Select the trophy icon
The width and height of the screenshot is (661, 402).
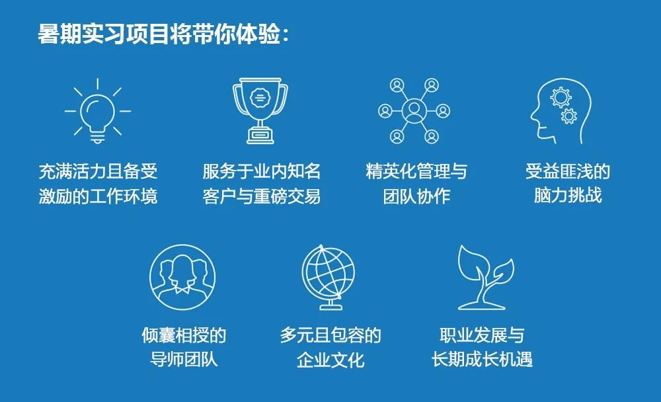(260, 110)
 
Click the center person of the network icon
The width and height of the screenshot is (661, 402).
(414, 110)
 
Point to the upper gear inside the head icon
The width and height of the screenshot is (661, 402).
(561, 97)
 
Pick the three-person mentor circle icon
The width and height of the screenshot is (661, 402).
(182, 277)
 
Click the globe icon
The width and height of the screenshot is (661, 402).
(328, 277)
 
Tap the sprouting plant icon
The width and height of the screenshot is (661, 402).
(486, 277)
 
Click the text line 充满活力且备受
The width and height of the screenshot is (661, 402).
(98, 171)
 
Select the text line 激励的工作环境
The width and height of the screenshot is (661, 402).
(98, 196)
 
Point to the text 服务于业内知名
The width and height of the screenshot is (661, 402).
(261, 171)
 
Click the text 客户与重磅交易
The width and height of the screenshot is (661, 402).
(261, 196)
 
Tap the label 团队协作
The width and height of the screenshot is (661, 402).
(416, 196)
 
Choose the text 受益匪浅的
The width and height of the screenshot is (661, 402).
(568, 171)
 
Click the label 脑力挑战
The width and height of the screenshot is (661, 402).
(568, 195)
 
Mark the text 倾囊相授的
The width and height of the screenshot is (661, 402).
(184, 335)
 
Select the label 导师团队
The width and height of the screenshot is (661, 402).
(184, 360)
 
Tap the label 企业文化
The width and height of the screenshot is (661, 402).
(330, 360)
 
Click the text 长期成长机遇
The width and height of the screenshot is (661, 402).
(482, 360)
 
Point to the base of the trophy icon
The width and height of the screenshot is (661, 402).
(260, 136)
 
